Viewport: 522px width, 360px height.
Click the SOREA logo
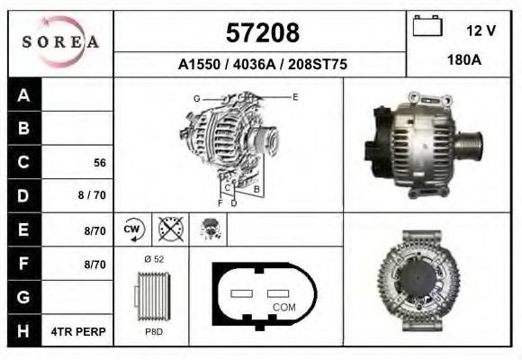(x=59, y=42)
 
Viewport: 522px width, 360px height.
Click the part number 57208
(x=261, y=33)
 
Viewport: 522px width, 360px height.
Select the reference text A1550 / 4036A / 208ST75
(x=261, y=65)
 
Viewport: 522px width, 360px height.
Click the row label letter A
(x=24, y=95)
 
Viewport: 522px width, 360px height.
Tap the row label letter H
(x=24, y=331)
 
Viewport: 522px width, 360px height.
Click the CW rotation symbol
(x=133, y=229)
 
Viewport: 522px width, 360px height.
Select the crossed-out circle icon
(x=171, y=229)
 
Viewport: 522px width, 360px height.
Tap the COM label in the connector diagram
(x=283, y=308)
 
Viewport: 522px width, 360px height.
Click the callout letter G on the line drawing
(x=196, y=97)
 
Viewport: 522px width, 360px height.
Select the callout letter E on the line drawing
(x=294, y=95)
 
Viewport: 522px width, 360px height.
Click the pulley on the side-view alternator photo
(x=469, y=141)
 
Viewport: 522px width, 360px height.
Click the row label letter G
(x=24, y=297)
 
